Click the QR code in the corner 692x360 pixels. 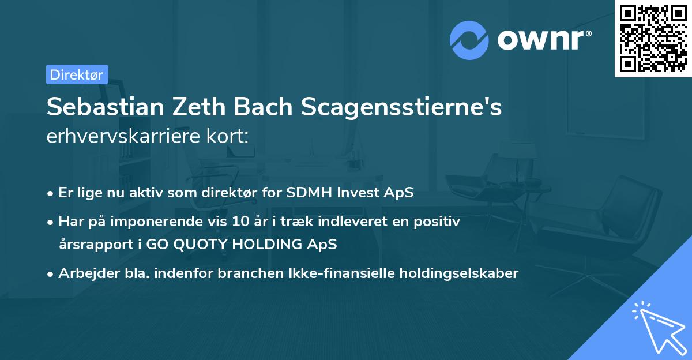click(x=653, y=39)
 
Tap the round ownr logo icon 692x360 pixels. click(x=469, y=40)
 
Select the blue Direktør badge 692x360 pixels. click(x=77, y=74)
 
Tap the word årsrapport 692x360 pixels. click(x=92, y=244)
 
